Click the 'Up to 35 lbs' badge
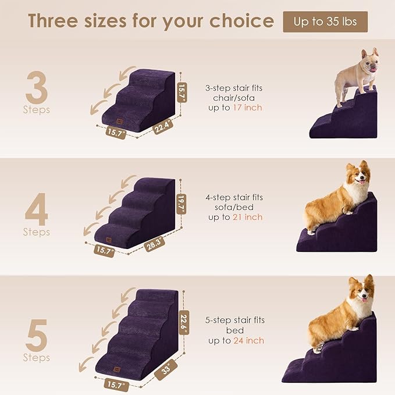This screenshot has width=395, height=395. click(x=325, y=22)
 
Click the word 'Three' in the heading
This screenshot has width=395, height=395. click(x=55, y=22)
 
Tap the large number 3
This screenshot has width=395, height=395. click(x=37, y=88)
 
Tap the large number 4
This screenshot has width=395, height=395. click(x=37, y=212)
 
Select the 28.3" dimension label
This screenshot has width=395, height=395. click(x=155, y=242)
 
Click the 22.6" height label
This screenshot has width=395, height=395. click(x=184, y=319)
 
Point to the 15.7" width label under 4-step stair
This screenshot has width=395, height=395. click(x=105, y=251)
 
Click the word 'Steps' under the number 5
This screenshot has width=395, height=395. click(x=37, y=358)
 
